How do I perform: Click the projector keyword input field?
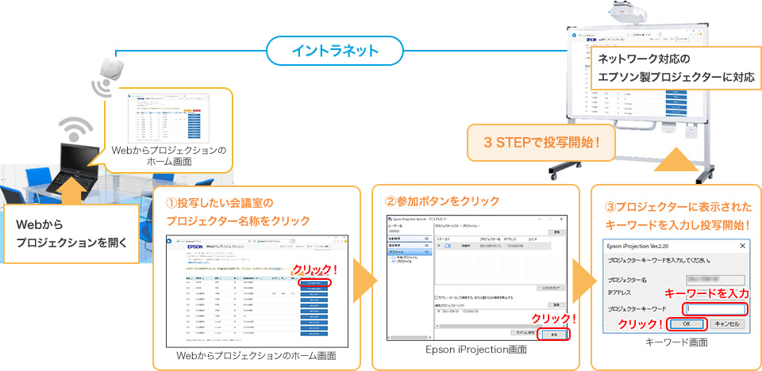point(715,308)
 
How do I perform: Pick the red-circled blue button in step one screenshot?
point(314,282)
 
